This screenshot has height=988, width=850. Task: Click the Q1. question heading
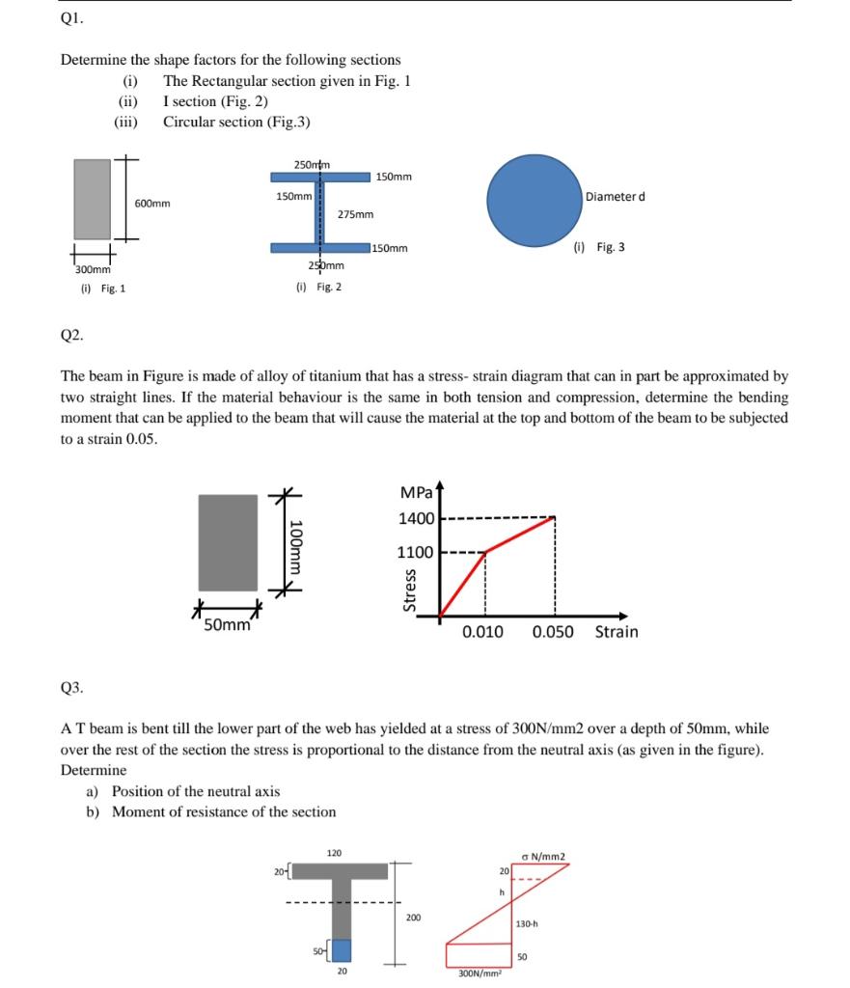pyautogui.click(x=71, y=17)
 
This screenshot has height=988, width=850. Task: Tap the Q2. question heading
pyautogui.click(x=71, y=336)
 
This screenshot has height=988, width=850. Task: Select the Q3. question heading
pyautogui.click(x=71, y=688)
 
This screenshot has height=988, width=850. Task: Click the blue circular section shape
pyautogui.click(x=533, y=199)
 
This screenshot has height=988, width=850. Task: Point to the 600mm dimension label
pyautogui.click(x=152, y=204)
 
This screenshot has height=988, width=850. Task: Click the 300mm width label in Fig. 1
pyautogui.click(x=90, y=270)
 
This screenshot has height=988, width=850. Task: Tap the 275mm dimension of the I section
pyautogui.click(x=356, y=214)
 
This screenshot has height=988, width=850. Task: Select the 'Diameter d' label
pyautogui.click(x=616, y=197)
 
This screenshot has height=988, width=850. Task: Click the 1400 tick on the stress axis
pyautogui.click(x=417, y=519)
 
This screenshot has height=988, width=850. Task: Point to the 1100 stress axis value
pyautogui.click(x=417, y=553)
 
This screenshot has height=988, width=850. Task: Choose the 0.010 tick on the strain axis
pyautogui.click(x=482, y=632)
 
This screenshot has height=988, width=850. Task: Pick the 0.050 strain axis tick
pyautogui.click(x=553, y=632)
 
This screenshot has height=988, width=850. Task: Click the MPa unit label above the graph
pyautogui.click(x=416, y=493)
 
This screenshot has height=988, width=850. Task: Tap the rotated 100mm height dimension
pyautogui.click(x=297, y=545)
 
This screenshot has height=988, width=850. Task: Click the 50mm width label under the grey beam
pyautogui.click(x=228, y=624)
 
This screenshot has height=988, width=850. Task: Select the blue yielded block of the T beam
pyautogui.click(x=342, y=949)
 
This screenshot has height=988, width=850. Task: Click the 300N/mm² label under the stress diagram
pyautogui.click(x=478, y=974)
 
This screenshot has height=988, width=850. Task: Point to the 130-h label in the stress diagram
pyautogui.click(x=526, y=923)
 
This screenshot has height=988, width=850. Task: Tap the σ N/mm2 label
pyautogui.click(x=542, y=854)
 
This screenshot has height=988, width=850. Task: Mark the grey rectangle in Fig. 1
pyautogui.click(x=94, y=199)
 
